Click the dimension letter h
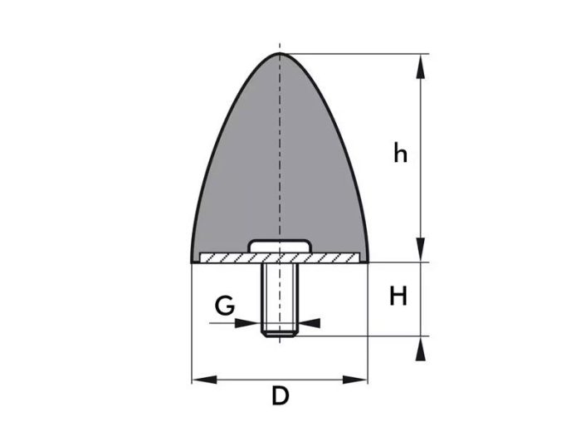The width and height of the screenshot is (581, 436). point(401,154)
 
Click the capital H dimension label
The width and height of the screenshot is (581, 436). point(398,296)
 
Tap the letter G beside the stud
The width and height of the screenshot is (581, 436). point(223,307)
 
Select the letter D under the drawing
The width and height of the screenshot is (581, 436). point(280,396)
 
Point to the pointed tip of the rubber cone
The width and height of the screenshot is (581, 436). point(280,55)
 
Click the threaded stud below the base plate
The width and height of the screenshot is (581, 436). point(280,299)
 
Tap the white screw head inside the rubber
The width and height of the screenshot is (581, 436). point(280,246)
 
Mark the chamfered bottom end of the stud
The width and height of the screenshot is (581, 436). point(280,335)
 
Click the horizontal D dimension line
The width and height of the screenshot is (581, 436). point(249,380)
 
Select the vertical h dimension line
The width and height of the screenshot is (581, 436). point(422,199)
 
